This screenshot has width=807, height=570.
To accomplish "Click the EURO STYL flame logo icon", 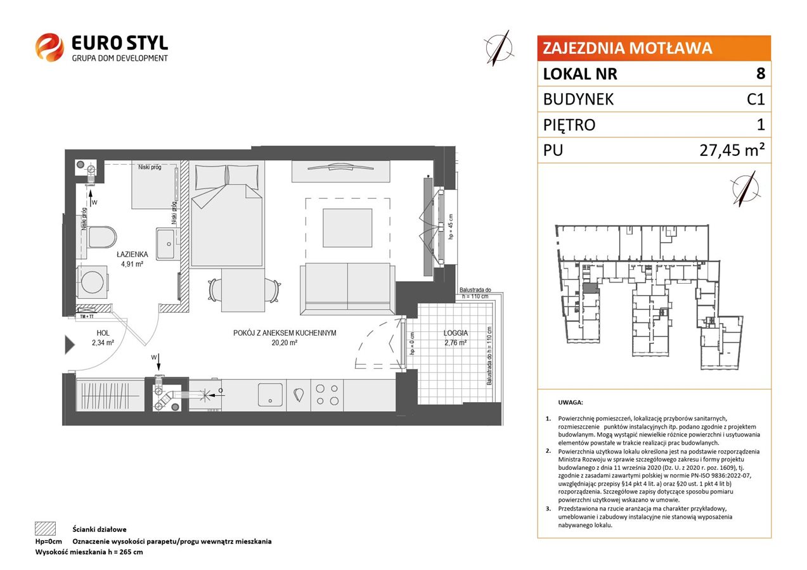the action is (x=49, y=47).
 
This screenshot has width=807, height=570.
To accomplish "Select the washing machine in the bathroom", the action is (x=92, y=282).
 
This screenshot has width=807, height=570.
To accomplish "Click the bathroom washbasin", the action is (x=165, y=243).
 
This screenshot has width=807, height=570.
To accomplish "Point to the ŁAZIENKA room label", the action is (x=132, y=255).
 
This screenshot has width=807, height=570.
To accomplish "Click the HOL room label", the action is (x=103, y=333).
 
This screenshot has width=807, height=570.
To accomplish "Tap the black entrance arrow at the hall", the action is (x=70, y=345).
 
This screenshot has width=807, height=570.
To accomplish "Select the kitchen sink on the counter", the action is (x=270, y=395).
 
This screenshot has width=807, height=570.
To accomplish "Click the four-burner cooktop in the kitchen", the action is (x=326, y=395).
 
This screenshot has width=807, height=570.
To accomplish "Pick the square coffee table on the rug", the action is (x=347, y=228).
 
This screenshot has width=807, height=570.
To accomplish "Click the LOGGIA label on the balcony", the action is (x=456, y=333).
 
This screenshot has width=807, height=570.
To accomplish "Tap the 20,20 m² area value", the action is (x=284, y=343).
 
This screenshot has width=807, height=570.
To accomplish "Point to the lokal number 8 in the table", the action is (x=760, y=73).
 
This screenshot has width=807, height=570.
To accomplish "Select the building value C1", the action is (x=756, y=99).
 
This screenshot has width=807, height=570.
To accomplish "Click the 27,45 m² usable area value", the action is (x=732, y=149).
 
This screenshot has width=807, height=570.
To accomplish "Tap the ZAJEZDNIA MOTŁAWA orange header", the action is (x=654, y=48).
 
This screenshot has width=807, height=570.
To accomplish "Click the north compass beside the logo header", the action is (x=499, y=48).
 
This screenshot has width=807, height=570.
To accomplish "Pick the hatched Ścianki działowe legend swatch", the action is (x=46, y=528).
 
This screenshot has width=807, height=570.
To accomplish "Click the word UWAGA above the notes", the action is (x=571, y=402).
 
